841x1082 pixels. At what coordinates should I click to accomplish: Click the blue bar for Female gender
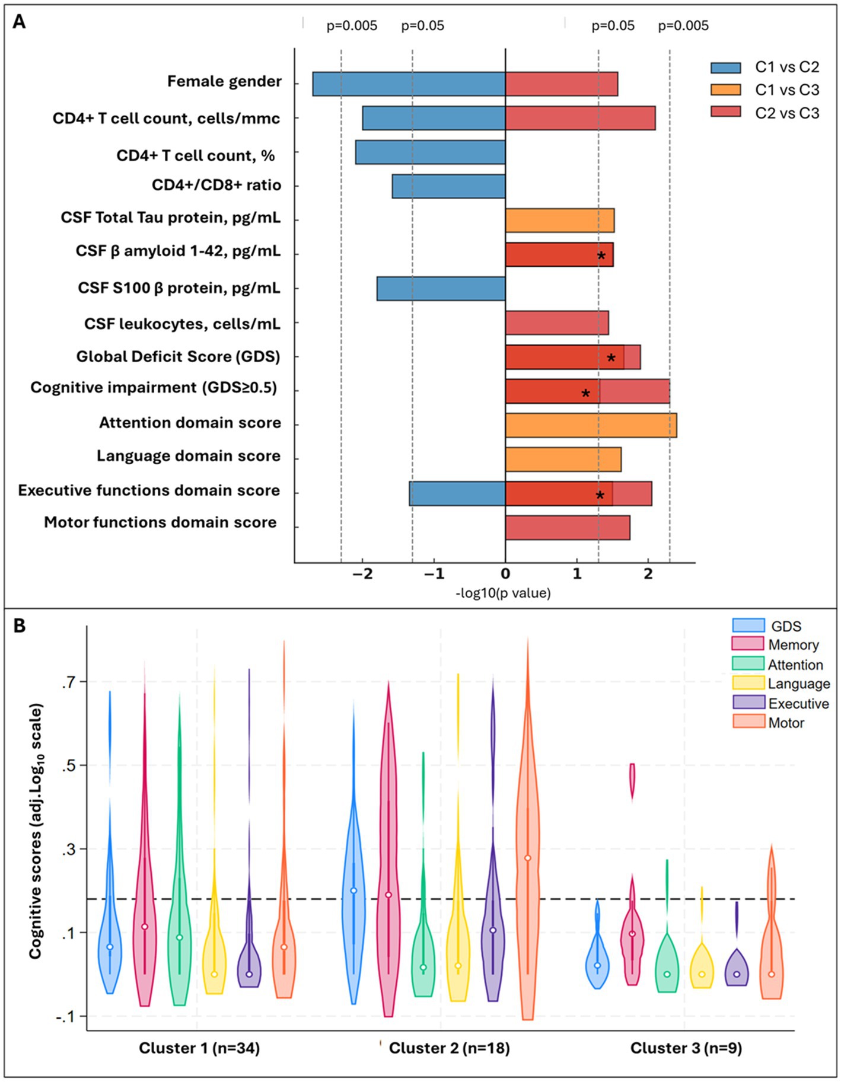[409, 84]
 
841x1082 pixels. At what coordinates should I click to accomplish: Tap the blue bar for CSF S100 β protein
[441, 289]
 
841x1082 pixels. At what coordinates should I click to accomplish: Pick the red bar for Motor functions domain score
[568, 528]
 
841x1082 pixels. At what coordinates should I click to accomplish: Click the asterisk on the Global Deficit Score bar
[611, 358]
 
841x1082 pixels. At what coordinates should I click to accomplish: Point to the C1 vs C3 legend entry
[765, 90]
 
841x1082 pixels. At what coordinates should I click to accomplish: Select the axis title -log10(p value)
[503, 593]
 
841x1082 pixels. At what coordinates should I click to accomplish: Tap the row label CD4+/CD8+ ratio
[216, 185]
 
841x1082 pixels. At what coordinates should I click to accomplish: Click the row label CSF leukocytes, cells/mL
[182, 324]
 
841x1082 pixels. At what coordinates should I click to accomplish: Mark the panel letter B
[19, 626]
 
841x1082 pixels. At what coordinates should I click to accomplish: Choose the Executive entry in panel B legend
[781, 704]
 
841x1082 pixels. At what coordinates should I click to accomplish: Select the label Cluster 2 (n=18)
[449, 1048]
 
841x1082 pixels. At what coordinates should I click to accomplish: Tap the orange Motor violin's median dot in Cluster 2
[527, 858]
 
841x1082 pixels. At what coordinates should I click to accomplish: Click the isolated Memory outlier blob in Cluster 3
[632, 781]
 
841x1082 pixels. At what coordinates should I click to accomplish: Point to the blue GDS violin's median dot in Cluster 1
[110, 947]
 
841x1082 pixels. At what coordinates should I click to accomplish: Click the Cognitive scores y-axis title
[36, 831]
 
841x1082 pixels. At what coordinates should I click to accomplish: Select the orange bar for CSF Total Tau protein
[559, 221]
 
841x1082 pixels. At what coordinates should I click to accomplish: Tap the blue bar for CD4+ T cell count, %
[430, 152]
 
